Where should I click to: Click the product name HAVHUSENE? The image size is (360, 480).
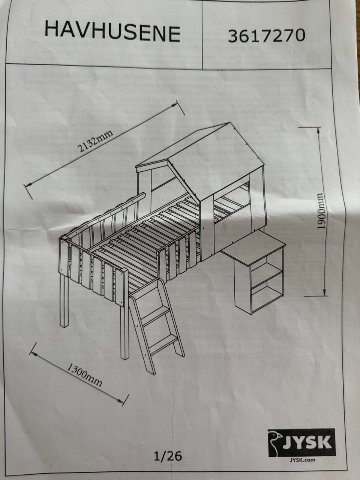[x=112, y=33]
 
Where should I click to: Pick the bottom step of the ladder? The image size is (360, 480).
[x=163, y=346]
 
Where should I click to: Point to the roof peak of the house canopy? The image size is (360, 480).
[x=230, y=123]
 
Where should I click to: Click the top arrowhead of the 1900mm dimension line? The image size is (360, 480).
[x=318, y=130]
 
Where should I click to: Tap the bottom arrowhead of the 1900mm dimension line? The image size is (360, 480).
[x=324, y=292]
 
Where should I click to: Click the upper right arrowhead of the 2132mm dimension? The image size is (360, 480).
[x=175, y=105]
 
